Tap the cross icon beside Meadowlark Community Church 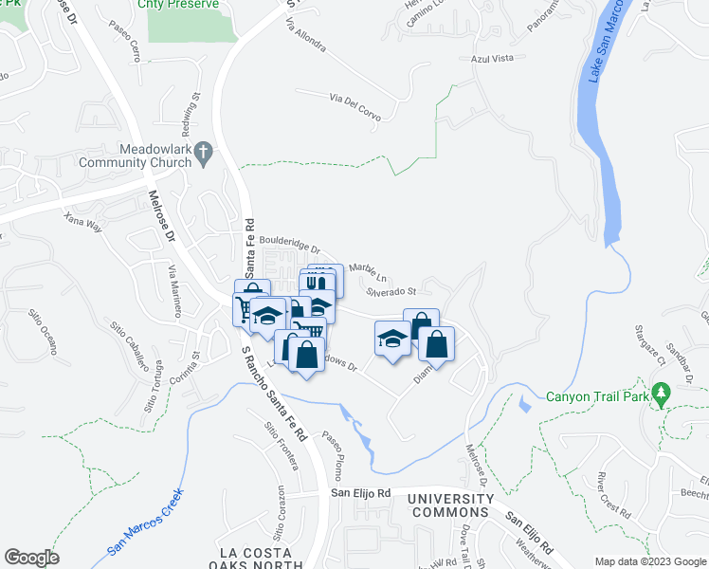(203, 152)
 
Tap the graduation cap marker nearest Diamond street (392, 340)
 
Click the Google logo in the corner (31, 558)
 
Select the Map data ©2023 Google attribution (649, 560)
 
